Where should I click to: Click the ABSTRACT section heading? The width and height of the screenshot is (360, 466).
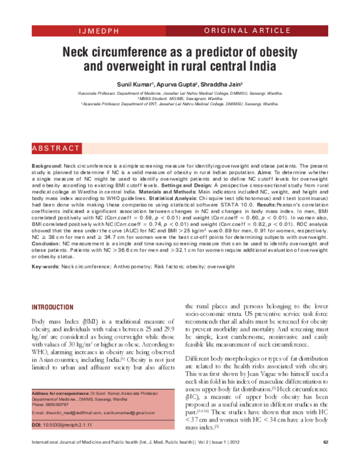tap(56, 148)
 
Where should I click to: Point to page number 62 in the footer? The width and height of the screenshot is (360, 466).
tap(326, 459)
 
